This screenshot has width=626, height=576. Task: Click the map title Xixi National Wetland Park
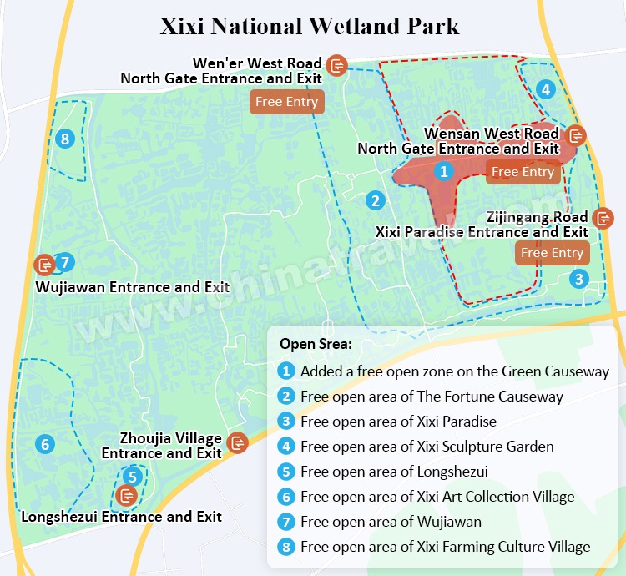[310, 25]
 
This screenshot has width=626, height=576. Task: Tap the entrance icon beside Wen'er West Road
[337, 64]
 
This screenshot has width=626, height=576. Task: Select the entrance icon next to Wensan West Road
[575, 134]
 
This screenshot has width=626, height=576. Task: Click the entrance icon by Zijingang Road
[603, 218]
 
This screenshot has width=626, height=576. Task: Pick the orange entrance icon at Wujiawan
[44, 264]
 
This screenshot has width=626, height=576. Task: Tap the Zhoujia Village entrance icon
[238, 442]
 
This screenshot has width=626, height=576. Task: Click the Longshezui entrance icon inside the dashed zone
[127, 496]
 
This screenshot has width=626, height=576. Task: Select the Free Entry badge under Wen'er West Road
[286, 102]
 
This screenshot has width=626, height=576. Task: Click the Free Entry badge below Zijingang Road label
[551, 252]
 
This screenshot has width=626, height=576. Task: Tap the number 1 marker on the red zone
[445, 172]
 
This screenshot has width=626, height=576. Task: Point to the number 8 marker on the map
[65, 139]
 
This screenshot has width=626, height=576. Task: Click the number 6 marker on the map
[45, 444]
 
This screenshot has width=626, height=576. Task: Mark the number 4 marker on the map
[545, 89]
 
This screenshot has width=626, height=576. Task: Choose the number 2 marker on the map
[376, 200]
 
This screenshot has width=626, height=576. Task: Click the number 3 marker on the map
[579, 279]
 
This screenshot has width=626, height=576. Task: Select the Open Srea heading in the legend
[316, 344]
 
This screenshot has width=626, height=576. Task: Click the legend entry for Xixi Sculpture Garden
[427, 447]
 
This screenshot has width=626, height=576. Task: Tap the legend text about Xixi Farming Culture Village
[445, 547]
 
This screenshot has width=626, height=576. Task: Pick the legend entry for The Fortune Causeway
[432, 397]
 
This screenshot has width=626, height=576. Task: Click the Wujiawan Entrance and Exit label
[133, 287]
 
